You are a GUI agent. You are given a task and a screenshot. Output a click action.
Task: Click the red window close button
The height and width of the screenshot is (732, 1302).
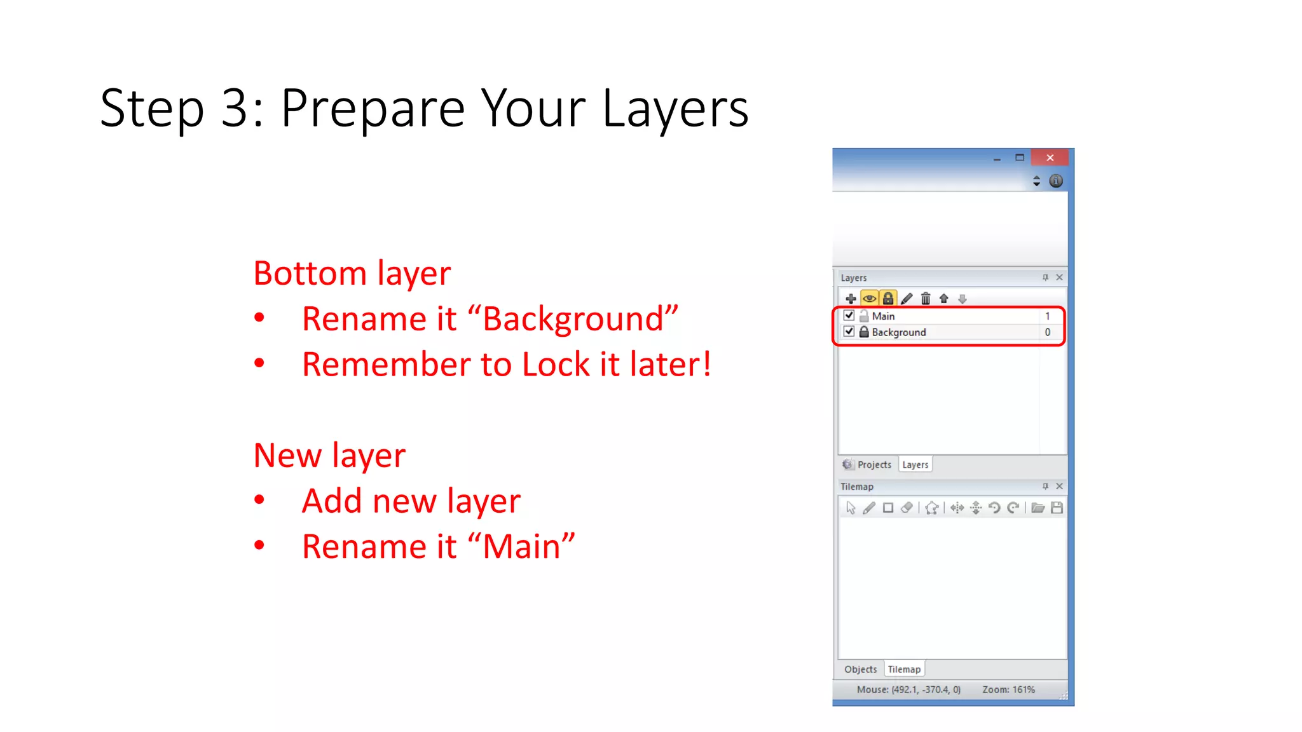tap(1050, 158)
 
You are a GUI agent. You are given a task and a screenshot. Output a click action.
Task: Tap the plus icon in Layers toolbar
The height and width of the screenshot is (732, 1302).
tap(851, 299)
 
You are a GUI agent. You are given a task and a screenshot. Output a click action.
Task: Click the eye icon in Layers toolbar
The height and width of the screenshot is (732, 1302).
tap(869, 299)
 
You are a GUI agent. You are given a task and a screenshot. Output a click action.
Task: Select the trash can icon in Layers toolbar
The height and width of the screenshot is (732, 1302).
tap(926, 299)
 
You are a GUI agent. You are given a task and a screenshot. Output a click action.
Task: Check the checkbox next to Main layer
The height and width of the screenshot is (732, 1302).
tap(849, 315)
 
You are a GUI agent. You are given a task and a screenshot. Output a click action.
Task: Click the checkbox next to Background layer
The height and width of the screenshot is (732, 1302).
tap(849, 332)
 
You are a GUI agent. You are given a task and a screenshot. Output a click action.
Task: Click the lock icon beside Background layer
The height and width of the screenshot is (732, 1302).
tap(864, 332)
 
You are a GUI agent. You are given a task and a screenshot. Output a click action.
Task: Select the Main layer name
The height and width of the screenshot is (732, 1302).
tap(883, 316)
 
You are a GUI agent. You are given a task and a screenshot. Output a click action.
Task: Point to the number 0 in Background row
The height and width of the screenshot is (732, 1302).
tap(1048, 332)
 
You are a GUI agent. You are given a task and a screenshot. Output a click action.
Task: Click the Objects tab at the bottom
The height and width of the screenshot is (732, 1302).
tap(860, 669)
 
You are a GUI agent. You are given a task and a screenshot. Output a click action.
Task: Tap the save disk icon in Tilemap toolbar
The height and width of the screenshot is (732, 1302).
tap(1057, 508)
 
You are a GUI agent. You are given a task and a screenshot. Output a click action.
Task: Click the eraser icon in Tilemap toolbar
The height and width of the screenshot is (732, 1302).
tap(907, 508)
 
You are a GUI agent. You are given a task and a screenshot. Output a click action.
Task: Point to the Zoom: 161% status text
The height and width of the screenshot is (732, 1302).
tap(1008, 689)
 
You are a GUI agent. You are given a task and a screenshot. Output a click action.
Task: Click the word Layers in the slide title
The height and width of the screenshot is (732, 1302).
tap(675, 109)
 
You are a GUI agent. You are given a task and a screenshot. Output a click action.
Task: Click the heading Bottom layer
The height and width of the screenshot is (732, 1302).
tap(352, 273)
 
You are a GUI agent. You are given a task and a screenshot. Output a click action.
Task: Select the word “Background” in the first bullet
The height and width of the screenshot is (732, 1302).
tap(573, 319)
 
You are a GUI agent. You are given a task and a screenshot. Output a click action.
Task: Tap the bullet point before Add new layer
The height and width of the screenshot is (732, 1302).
tap(259, 500)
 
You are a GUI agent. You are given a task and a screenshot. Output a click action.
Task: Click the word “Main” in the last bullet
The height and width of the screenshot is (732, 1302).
tap(521, 546)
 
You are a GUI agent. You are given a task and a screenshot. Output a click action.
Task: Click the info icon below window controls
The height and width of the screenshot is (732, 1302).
tap(1056, 181)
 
